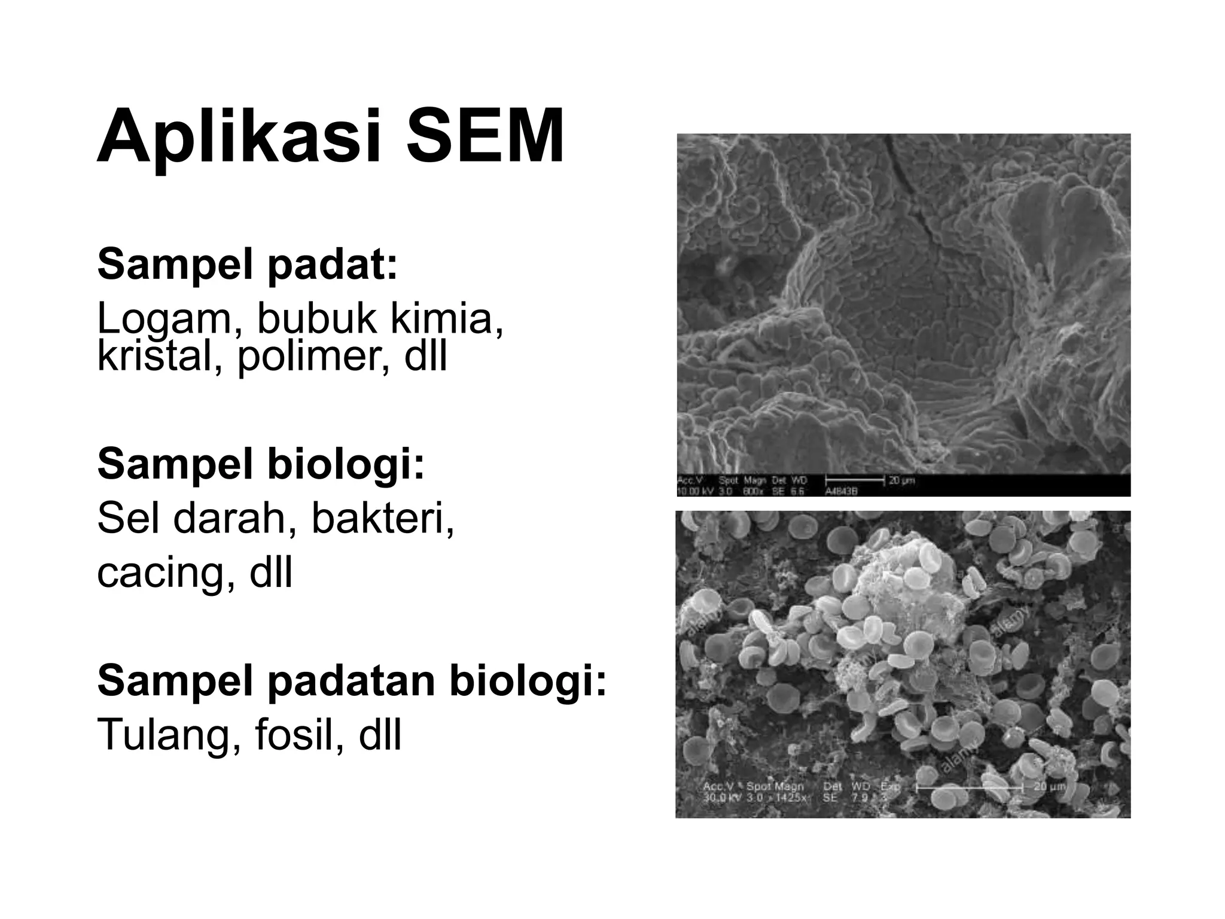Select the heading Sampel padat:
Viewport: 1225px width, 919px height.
pyautogui.click(x=247, y=264)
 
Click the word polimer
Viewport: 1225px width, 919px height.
pyautogui.click(x=315, y=357)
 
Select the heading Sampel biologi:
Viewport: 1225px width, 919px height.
pyautogui.click(x=261, y=464)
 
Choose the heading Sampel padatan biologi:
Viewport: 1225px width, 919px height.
pyautogui.click(x=352, y=681)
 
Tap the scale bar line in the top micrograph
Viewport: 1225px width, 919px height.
pyautogui.click(x=854, y=480)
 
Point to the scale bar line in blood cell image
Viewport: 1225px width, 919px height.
pyautogui.click(x=970, y=788)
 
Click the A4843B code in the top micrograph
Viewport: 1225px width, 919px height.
pyautogui.click(x=841, y=491)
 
